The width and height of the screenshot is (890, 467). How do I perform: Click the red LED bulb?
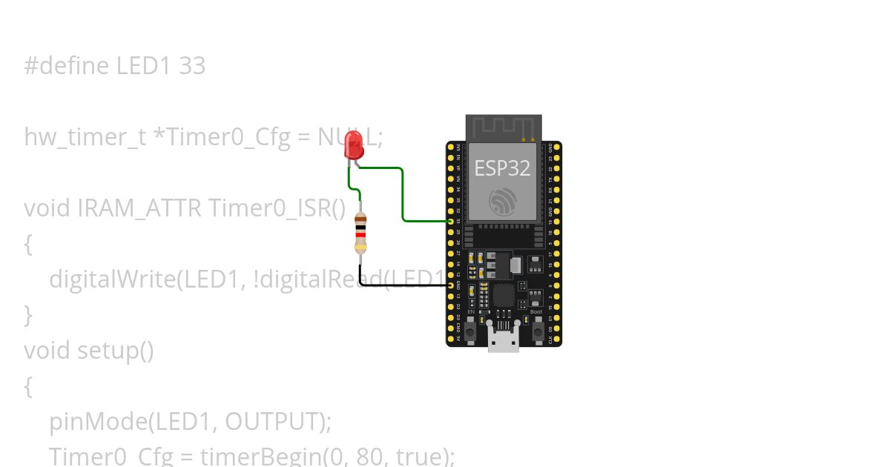click(x=354, y=145)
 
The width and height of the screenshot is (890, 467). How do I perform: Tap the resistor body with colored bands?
click(x=360, y=232)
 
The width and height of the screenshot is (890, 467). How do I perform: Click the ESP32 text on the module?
click(x=502, y=168)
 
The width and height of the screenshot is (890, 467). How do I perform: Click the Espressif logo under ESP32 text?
click(x=502, y=201)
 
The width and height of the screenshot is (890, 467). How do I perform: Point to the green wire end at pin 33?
click(x=450, y=221)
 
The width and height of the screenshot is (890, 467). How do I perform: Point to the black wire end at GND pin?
click(x=450, y=285)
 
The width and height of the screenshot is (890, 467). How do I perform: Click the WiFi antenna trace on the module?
click(x=504, y=127)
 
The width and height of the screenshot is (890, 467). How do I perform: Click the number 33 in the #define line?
click(x=192, y=66)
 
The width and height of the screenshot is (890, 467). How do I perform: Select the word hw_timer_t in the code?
click(x=85, y=138)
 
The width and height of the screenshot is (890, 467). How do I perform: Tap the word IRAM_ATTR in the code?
click(x=139, y=208)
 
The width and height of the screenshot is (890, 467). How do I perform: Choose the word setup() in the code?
click(x=116, y=350)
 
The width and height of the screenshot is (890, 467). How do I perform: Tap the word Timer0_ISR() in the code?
click(x=277, y=208)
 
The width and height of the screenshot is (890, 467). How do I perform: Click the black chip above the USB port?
click(x=504, y=296)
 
